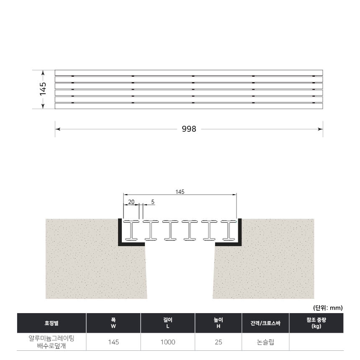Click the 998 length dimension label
click(x=189, y=129)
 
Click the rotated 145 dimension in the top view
click(x=43, y=89)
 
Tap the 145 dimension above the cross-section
click(x=180, y=192)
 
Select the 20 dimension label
click(x=131, y=202)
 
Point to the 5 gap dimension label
click(x=153, y=202)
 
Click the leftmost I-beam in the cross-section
click(x=131, y=230)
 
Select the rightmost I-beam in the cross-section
click(x=229, y=230)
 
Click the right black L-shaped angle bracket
click(x=240, y=243)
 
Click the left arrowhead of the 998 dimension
click(x=58, y=129)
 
